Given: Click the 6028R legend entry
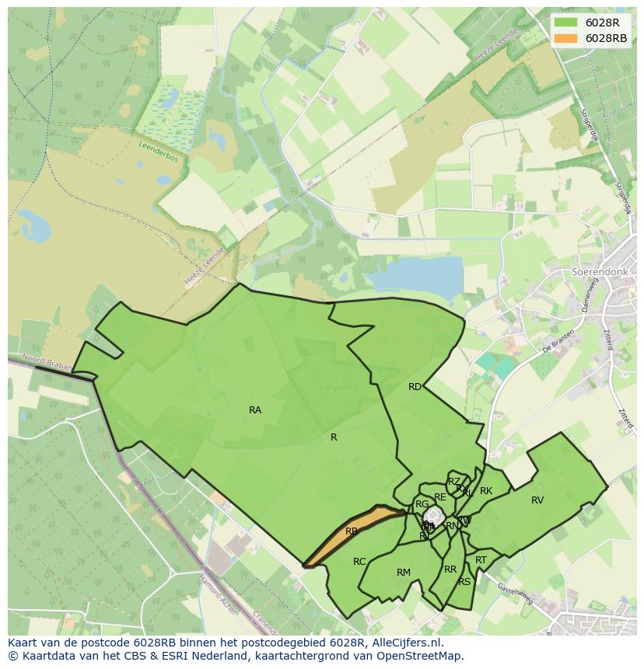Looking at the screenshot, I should coord(602,23).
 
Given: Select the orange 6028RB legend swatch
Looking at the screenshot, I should coord(565,38).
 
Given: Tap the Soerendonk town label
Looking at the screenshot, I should coord(600,273).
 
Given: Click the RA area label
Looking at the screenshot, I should coord(255,410).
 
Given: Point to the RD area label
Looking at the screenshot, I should coord(415,387).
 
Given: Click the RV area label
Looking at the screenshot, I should coord(537,500).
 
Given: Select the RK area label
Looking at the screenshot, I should coord(486,491).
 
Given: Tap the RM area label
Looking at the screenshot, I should coord(403,573).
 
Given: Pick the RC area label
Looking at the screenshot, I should coord(359,562).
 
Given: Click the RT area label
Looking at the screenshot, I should coord(481,560).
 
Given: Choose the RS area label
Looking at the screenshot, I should coord(464,582).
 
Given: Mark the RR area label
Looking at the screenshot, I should coord(450,570).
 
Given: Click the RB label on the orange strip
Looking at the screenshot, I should coord(352,531).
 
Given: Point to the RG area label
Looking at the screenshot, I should coord(422,504).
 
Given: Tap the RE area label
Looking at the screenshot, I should coord(440,497).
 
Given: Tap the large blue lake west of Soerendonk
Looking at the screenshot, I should coord(412,283).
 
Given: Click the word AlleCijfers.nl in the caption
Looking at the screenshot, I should coord(404,643).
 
